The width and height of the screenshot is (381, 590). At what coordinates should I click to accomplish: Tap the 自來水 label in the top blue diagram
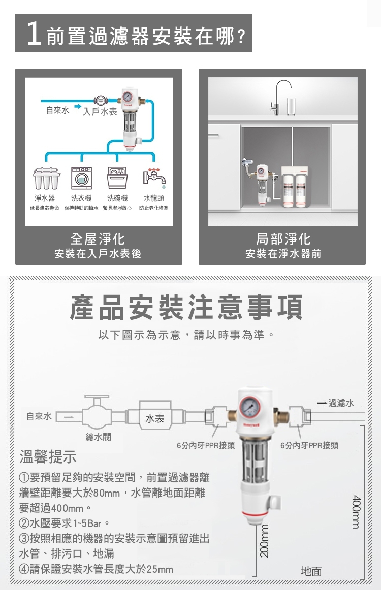coord(57,110)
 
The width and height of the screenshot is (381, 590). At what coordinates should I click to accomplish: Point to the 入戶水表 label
coord(100,112)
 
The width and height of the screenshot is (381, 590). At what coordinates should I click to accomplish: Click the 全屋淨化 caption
coord(98,239)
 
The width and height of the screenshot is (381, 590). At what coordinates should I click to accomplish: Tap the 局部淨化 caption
coord(283,239)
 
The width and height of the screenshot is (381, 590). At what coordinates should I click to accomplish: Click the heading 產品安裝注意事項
coord(186,307)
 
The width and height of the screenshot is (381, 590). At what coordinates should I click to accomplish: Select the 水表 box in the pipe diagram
coord(154,418)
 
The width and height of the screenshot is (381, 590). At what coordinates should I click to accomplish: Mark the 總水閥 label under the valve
coord(98,437)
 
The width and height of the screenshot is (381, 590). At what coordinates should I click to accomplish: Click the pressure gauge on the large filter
coord(250,407)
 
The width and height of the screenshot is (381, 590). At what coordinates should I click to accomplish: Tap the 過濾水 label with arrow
coord(336,403)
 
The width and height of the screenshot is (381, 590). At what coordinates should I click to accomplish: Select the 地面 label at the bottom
coord(311,571)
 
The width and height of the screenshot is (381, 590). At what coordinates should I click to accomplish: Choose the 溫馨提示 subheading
coord(48,457)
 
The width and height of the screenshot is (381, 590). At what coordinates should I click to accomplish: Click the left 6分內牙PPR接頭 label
coord(206,445)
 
